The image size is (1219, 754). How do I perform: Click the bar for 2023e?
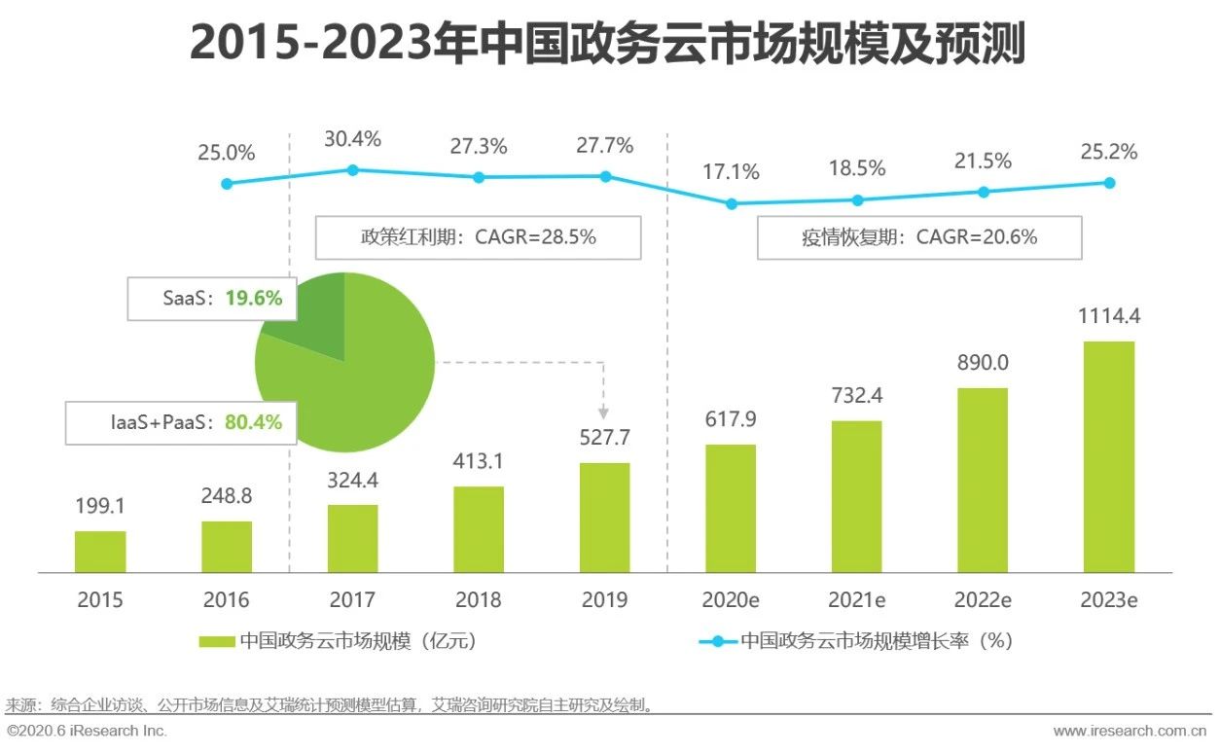click(1109, 456)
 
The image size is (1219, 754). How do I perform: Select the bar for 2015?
click(100, 552)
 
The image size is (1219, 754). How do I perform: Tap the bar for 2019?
click(605, 517)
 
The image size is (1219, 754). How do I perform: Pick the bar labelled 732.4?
click(857, 496)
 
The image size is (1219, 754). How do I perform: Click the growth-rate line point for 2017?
click(353, 169)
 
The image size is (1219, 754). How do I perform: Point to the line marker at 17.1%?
click(732, 204)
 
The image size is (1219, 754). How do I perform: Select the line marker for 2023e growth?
click(1109, 182)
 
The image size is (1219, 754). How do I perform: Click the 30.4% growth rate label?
click(353, 139)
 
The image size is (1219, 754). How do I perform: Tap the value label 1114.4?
click(1109, 317)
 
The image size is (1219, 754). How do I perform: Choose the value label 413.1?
click(479, 461)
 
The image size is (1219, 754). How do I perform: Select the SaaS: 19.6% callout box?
click(211, 299)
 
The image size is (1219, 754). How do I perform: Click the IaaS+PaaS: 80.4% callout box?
click(181, 422)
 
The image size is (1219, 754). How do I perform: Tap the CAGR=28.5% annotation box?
click(479, 236)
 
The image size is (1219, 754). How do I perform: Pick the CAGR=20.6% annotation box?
click(919, 236)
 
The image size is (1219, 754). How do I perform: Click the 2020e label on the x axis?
click(732, 599)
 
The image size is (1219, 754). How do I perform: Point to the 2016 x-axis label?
click(227, 599)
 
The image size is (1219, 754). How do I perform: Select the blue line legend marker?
click(718, 641)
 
